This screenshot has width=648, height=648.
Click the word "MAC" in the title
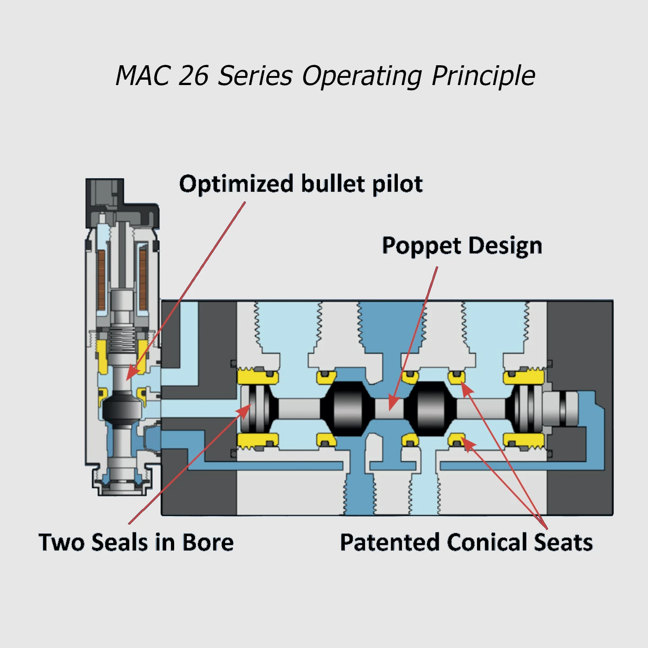(x=143, y=75)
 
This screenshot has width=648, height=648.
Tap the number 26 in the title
(x=193, y=75)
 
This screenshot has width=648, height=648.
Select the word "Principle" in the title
(x=483, y=76)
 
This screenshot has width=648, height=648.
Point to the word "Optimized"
(x=236, y=184)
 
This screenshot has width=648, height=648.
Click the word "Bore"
(x=208, y=542)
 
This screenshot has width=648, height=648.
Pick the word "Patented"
(x=390, y=542)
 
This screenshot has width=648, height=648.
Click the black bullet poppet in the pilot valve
(x=122, y=408)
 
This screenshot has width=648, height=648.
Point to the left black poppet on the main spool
(x=347, y=409)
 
